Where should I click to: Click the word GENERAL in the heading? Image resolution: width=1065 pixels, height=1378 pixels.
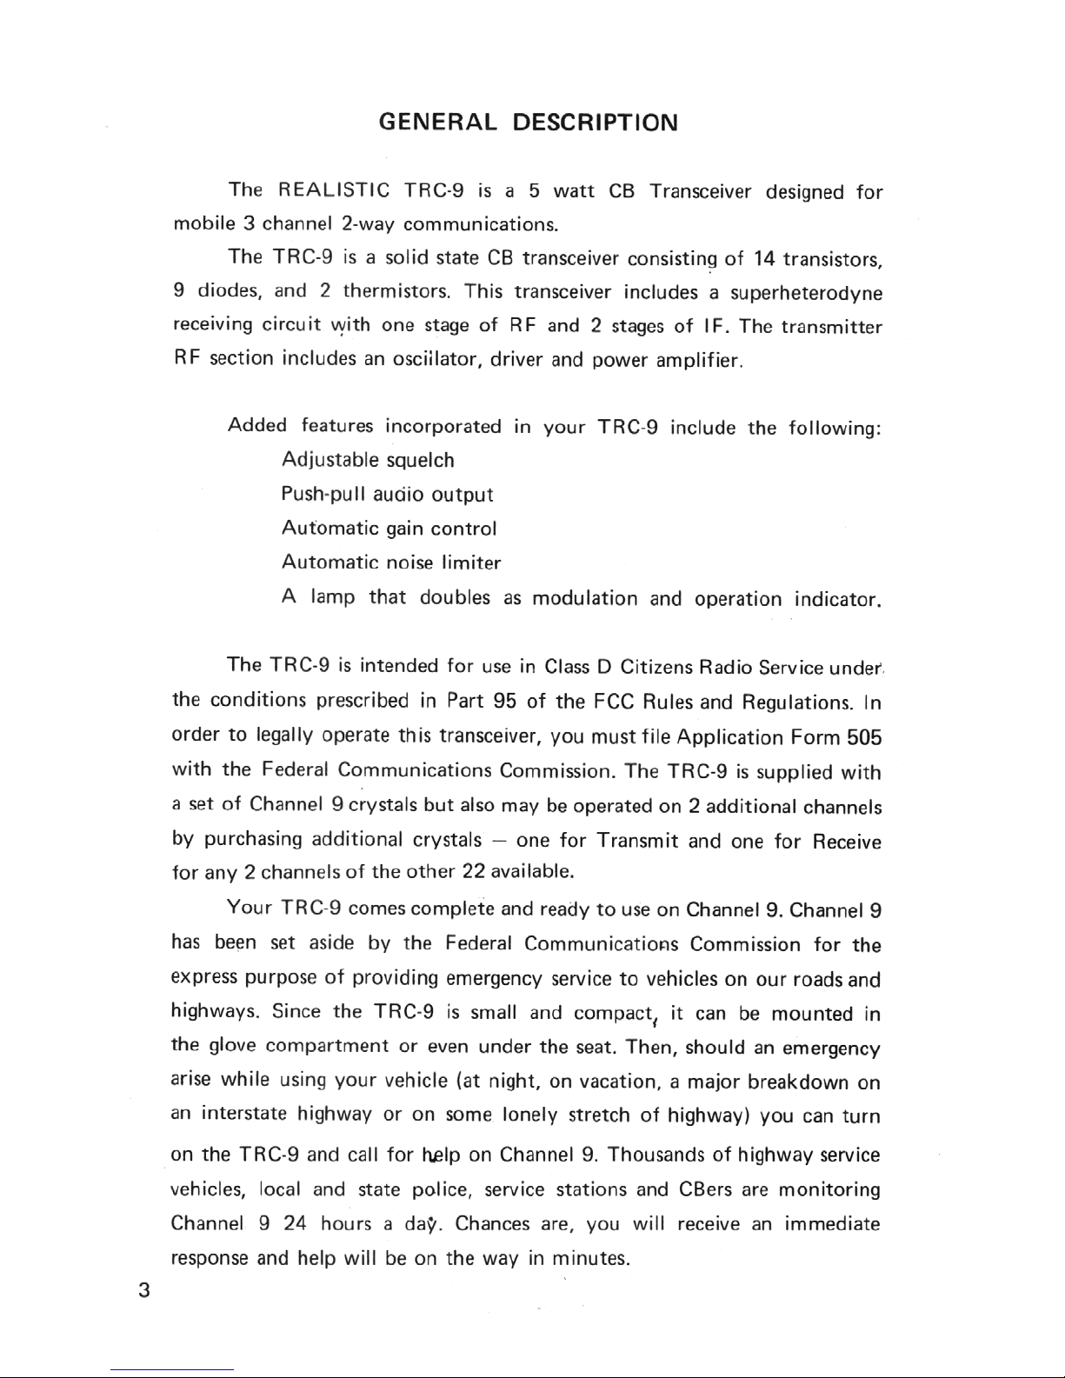tap(439, 121)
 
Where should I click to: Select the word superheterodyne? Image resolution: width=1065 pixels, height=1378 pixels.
tap(806, 293)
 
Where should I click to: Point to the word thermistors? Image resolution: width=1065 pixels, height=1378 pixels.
tap(396, 293)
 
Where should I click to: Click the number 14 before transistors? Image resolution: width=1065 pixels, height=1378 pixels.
tap(764, 258)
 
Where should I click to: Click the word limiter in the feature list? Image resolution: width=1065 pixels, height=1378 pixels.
tap(471, 563)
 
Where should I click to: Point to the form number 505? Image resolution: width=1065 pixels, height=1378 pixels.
tap(865, 738)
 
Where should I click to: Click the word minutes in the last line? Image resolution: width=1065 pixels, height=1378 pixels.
tap(590, 1259)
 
